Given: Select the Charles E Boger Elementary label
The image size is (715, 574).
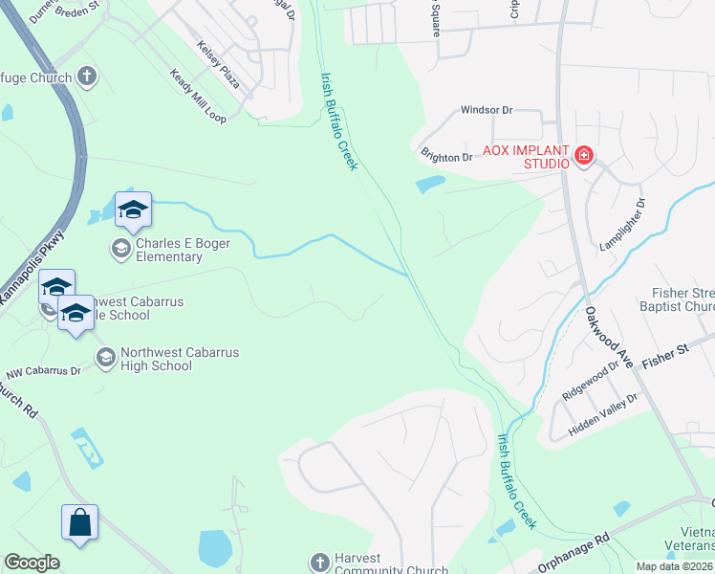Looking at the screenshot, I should click(x=169, y=250).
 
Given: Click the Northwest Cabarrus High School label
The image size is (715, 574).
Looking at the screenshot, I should click(x=167, y=359).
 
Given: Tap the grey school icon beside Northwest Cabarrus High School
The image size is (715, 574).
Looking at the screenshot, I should click(x=105, y=359).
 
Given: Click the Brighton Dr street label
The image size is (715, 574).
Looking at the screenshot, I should click(x=446, y=155).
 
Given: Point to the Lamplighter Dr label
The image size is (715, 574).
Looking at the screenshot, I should click(x=624, y=226).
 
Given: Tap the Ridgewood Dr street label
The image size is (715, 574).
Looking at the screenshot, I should click(x=592, y=381).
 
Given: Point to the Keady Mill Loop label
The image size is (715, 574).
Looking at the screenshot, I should click(x=198, y=96).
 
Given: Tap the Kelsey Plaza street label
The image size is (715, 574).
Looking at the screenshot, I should click(x=218, y=63).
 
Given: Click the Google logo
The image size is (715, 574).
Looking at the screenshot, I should click(x=32, y=563).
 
